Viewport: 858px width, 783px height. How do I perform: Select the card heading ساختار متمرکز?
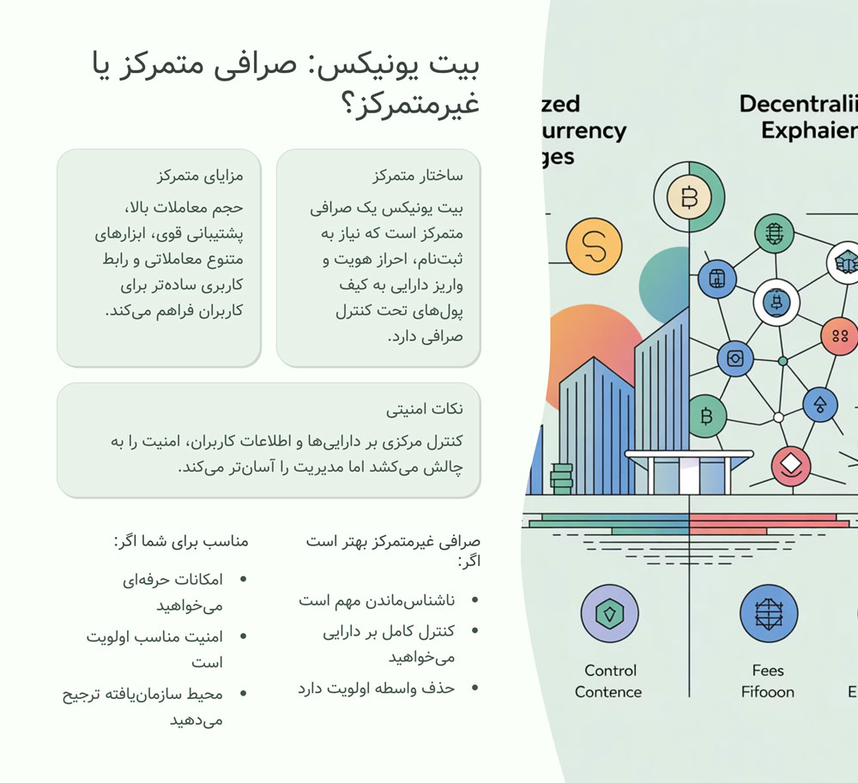pyautogui.click(x=418, y=176)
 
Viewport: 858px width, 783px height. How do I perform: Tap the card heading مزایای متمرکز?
pyautogui.click(x=200, y=176)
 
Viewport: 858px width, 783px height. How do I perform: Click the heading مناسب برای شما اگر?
pyautogui.click(x=181, y=541)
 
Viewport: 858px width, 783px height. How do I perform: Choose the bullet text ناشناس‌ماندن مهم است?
pyautogui.click(x=377, y=600)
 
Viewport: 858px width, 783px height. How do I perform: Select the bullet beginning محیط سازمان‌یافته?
pyautogui.click(x=142, y=694)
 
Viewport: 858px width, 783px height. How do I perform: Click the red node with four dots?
pyautogui.click(x=839, y=336)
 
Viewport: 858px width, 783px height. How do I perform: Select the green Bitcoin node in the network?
pyautogui.click(x=707, y=417)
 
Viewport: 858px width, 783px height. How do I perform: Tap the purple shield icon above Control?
pyautogui.click(x=609, y=614)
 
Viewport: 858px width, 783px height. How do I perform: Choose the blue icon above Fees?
pyautogui.click(x=768, y=614)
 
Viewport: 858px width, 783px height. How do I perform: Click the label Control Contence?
pyautogui.click(x=608, y=681)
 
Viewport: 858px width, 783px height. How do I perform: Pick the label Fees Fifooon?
pyautogui.click(x=768, y=681)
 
